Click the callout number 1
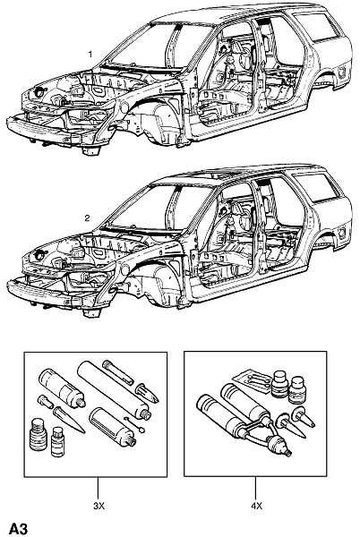(90, 54)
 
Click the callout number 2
(88, 217)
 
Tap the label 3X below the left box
(99, 506)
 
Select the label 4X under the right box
(256, 506)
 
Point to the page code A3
(18, 528)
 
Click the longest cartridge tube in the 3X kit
(114, 389)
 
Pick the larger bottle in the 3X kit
(38, 434)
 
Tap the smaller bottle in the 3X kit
(57, 441)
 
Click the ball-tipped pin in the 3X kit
(134, 424)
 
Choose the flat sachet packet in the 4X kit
(252, 379)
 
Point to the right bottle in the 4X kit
(296, 389)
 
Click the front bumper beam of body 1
(43, 132)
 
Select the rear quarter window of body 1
(317, 27)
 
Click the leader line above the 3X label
(98, 489)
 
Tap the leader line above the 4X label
(255, 489)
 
